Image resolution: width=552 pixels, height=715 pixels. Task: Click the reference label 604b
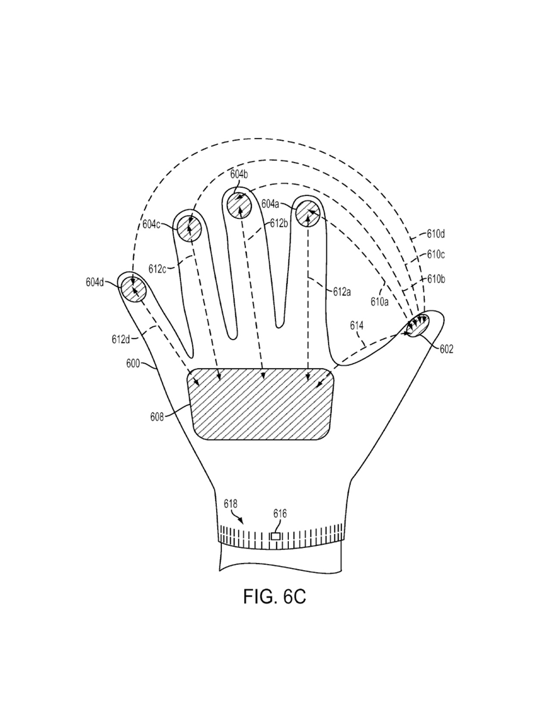[x=239, y=174]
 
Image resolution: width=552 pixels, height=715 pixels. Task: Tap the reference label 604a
[x=270, y=204]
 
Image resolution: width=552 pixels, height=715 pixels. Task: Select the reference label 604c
[x=151, y=224]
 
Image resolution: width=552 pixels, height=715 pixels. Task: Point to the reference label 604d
[x=95, y=282]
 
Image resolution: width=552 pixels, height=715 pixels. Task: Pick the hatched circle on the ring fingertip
[x=189, y=228]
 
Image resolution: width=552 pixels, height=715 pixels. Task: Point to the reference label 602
[x=446, y=349]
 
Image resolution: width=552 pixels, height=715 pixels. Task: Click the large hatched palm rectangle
[x=261, y=404]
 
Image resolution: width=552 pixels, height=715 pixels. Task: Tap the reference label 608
[x=157, y=417]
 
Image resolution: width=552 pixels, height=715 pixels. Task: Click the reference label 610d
[x=436, y=234]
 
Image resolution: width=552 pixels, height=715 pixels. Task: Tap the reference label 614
[x=357, y=326]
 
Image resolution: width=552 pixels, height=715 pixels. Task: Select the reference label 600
[x=133, y=364]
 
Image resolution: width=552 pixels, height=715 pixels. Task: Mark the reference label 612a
[x=342, y=292]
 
